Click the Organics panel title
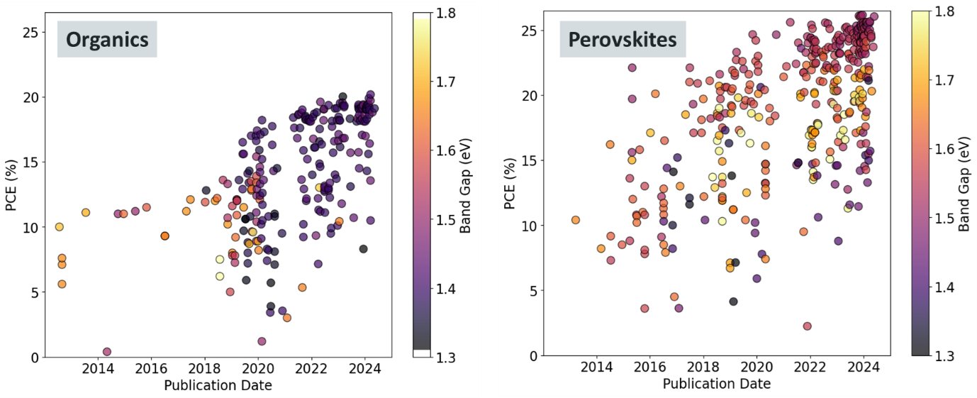pyautogui.click(x=108, y=40)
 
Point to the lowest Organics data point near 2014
pyautogui.click(x=107, y=352)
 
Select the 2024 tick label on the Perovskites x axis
pyautogui.click(x=863, y=369)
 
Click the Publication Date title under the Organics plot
pyautogui.click(x=218, y=386)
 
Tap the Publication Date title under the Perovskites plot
pyautogui.click(x=716, y=384)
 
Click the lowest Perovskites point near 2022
pyautogui.click(x=807, y=326)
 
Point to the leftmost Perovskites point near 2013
pyautogui.click(x=576, y=220)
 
